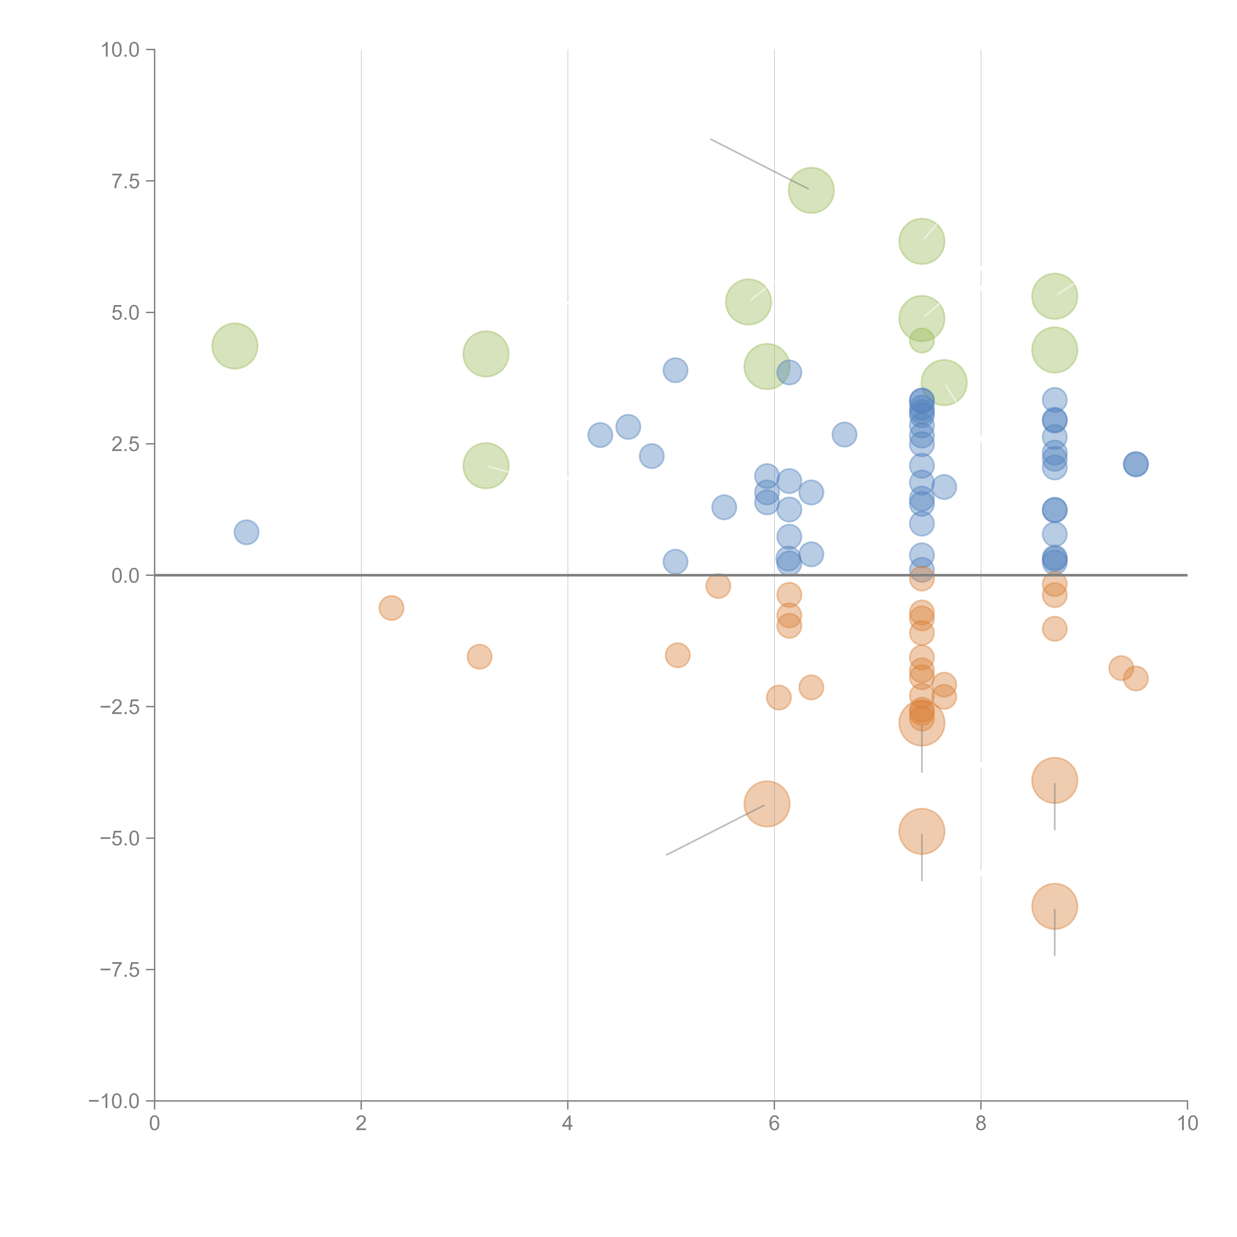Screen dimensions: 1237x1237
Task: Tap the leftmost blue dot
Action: tap(246, 532)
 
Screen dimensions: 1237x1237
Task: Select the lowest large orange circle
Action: tap(1054, 906)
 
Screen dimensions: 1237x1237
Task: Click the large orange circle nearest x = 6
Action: tap(767, 804)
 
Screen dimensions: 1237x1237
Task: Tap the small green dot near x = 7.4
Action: tap(921, 341)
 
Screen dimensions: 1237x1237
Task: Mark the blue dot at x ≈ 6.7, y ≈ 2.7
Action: tap(845, 435)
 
